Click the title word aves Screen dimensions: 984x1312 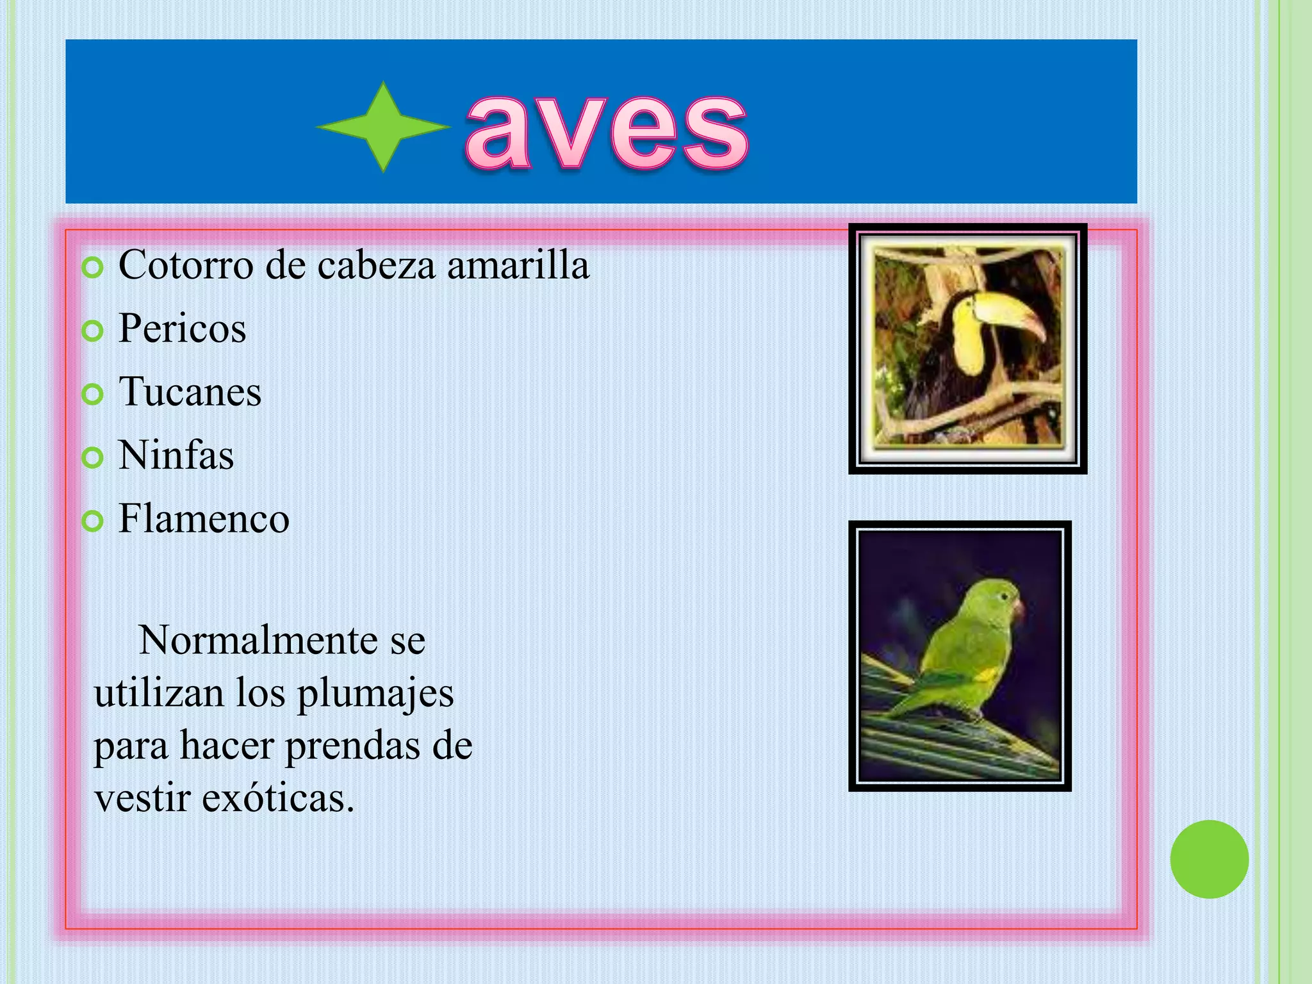[606, 131]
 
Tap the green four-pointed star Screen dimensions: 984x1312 [383, 127]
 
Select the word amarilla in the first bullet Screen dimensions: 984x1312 [518, 265]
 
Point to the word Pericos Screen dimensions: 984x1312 [182, 329]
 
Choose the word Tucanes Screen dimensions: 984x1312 [190, 392]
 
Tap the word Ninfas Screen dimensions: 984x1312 [176, 455]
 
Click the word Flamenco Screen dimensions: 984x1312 [204, 519]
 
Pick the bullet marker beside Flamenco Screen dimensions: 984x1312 [93, 521]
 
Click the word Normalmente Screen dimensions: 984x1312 [258, 640]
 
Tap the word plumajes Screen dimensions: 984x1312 [375, 694]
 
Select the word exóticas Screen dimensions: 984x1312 [278, 799]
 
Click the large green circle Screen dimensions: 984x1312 [1209, 859]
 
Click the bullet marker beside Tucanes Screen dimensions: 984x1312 [93, 395]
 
